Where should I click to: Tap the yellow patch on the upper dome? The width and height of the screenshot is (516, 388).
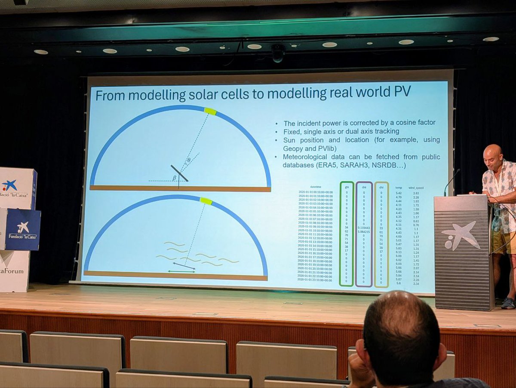click(x=210, y=111)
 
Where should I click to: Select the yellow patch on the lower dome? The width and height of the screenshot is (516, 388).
click(x=206, y=201)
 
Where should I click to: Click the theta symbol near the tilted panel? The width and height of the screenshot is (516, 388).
click(x=188, y=161)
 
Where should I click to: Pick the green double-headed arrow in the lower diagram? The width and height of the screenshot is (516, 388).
click(x=181, y=272)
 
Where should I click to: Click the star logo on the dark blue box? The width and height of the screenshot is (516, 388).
click(x=23, y=227)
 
